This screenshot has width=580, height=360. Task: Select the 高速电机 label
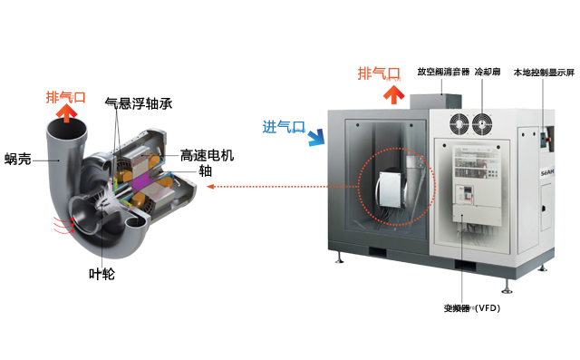coord(207,155)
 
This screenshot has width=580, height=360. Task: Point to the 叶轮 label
coord(101,273)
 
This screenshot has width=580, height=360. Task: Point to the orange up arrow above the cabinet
coord(391,92)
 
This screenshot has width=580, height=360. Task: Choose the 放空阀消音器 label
coord(443,72)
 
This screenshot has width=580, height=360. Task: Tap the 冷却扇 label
coord(488,72)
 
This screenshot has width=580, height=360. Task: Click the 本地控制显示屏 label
coord(544,72)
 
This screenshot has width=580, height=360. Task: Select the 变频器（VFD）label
coord(472,308)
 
